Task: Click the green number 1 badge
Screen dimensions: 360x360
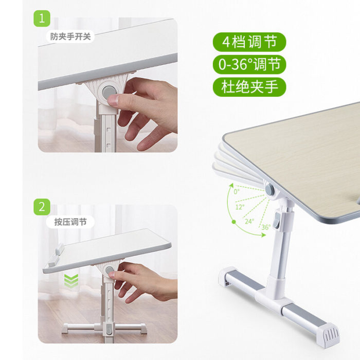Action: click(42, 19)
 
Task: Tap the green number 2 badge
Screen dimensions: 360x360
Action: click(42, 207)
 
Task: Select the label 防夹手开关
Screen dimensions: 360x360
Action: click(70, 37)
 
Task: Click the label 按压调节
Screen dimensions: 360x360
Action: click(70, 222)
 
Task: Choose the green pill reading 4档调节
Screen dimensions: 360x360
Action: click(249, 42)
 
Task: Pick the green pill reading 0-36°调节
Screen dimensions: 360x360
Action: click(249, 64)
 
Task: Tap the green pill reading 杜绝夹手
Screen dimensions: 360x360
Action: click(249, 87)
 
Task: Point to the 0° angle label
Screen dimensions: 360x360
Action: click(237, 191)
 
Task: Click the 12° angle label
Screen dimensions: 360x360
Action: click(240, 207)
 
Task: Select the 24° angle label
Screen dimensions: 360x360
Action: click(249, 221)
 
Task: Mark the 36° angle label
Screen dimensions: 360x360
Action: click(266, 227)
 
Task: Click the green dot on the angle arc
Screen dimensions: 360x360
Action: click(233, 222)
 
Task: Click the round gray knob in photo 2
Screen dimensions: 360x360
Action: click(110, 270)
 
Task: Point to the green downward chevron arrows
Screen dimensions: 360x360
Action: click(71, 280)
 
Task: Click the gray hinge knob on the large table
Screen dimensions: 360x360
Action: click(270, 189)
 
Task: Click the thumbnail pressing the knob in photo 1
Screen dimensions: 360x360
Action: click(113, 100)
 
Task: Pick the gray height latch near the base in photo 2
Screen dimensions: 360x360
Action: click(109, 329)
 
